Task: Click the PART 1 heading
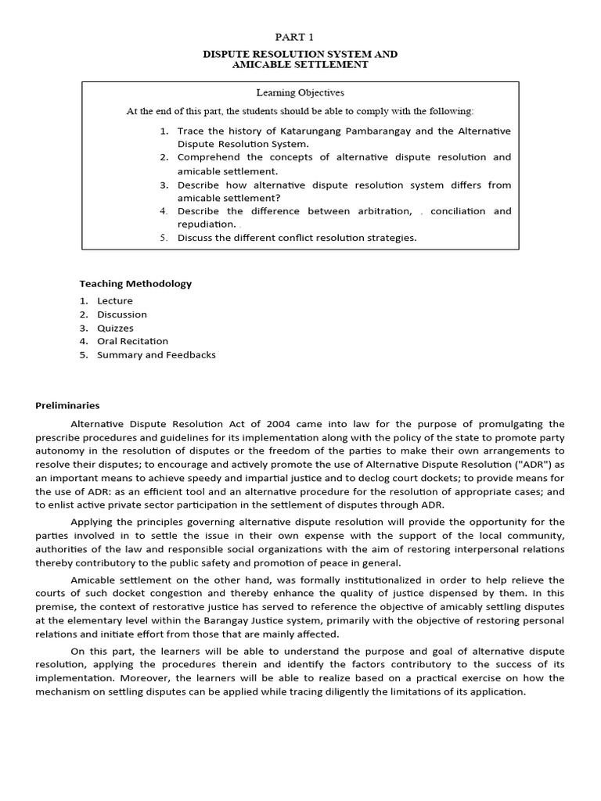300,37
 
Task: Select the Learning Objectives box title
300,92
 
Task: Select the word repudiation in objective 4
206,224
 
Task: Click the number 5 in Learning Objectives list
164,238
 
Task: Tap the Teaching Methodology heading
135,284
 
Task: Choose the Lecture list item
115,301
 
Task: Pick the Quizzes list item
115,329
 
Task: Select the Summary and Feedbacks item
156,355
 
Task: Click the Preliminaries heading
68,405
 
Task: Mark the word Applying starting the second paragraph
92,522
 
